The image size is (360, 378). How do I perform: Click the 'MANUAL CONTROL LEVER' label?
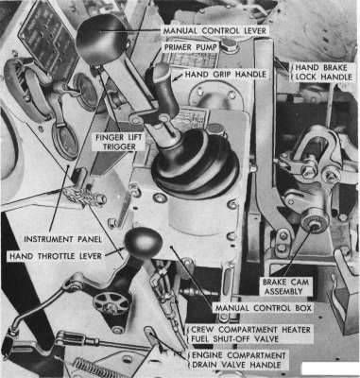point(215,31)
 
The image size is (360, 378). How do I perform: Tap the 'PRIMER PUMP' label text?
point(190,47)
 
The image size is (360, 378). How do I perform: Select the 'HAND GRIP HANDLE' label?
point(226,75)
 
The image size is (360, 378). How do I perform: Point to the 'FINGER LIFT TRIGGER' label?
point(119,142)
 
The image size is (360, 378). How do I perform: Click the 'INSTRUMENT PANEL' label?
point(63,239)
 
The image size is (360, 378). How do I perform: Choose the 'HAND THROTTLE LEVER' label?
point(56,256)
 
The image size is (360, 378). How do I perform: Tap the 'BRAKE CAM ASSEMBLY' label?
point(286,286)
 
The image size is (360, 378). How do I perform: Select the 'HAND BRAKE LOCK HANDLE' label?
point(323,72)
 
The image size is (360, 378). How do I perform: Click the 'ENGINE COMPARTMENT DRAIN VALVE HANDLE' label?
point(239,360)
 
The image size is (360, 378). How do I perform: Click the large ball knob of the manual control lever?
point(101,39)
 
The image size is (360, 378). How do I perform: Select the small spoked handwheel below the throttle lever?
point(111,303)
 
